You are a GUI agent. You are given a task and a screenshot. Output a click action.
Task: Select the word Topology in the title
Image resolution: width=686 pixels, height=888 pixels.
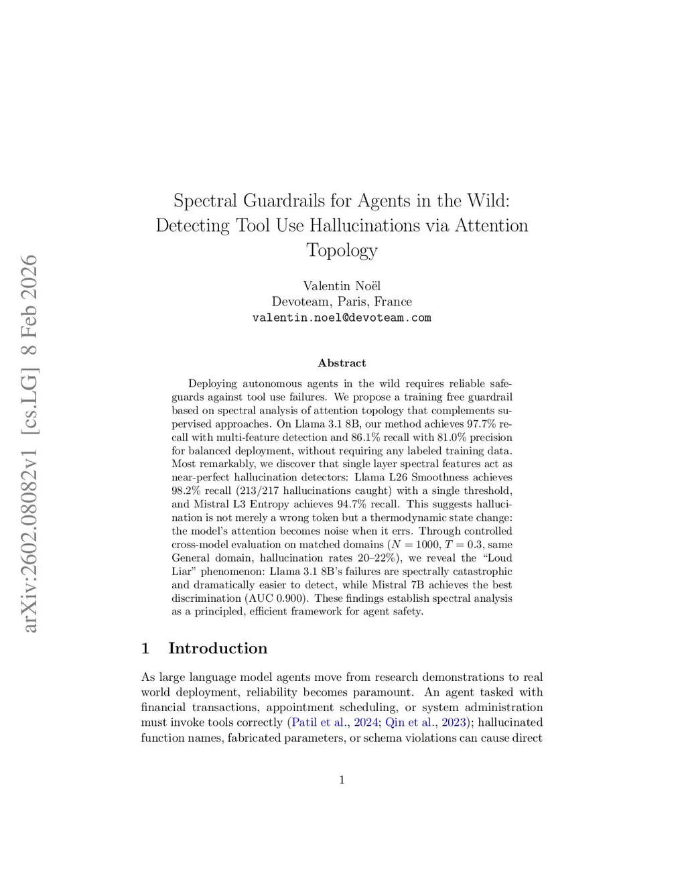click(342, 250)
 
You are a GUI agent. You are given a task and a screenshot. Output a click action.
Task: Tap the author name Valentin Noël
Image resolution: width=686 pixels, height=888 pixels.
click(342, 286)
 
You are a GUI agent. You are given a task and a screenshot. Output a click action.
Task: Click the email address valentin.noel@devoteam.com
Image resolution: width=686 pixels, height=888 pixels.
click(342, 317)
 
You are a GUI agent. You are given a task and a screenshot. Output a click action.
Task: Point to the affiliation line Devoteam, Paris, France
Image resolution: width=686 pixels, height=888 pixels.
click(342, 302)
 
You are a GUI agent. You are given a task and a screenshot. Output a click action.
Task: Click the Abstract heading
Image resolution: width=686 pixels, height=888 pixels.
click(342, 363)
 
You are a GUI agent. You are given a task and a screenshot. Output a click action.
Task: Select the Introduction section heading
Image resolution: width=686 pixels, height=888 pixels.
click(217, 648)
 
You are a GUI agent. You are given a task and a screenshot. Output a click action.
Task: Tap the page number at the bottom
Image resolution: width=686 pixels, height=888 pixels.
click(342, 779)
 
